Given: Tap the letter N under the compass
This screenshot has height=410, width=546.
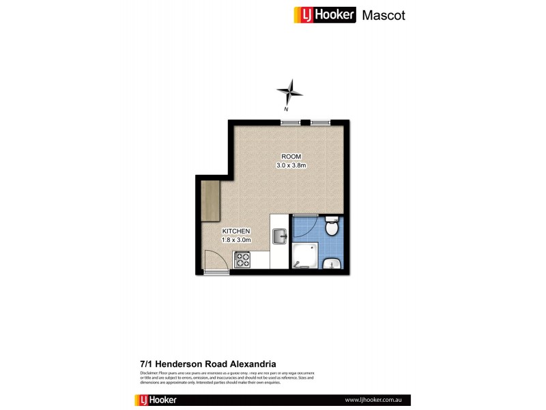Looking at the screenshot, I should pos(287,109).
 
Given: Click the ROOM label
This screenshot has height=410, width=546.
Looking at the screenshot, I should pos(291,156).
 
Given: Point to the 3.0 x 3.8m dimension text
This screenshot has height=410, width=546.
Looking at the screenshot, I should pos(291,165).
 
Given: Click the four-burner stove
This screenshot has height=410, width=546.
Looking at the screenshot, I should pos(242,260).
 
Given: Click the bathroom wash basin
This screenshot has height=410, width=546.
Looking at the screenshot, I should pos(332,263).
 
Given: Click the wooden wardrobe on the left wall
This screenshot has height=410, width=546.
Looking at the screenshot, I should pos(209,200).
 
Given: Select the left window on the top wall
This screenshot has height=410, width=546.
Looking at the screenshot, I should pos(289,122).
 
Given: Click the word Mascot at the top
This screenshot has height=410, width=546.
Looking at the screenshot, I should pos(383,15).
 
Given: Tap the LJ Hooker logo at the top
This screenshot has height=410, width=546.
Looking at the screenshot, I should pos(324,15).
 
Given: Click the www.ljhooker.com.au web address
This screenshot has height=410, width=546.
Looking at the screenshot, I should pos(372,399).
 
